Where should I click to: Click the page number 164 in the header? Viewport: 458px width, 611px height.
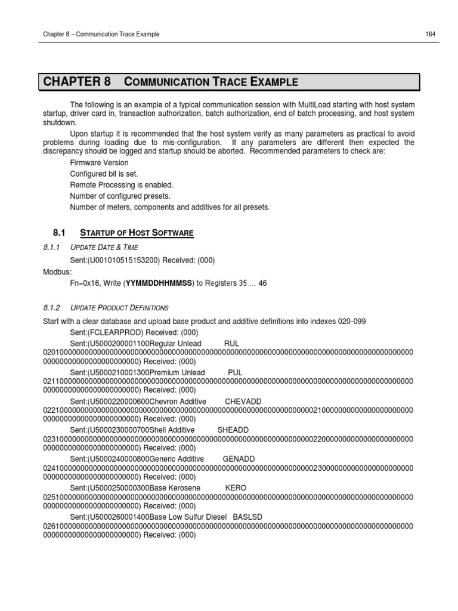[x=430, y=34]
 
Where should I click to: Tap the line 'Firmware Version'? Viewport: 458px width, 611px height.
[x=99, y=163]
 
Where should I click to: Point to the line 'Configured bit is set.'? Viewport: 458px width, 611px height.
[x=104, y=174]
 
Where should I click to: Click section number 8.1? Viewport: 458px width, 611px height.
[x=63, y=232]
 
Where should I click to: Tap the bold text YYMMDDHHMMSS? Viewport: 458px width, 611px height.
[x=159, y=283]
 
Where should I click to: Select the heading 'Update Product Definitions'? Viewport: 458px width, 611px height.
[x=119, y=308]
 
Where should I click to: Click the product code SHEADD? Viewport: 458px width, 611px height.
[x=233, y=430]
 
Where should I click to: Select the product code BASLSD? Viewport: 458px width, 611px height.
[x=247, y=516]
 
